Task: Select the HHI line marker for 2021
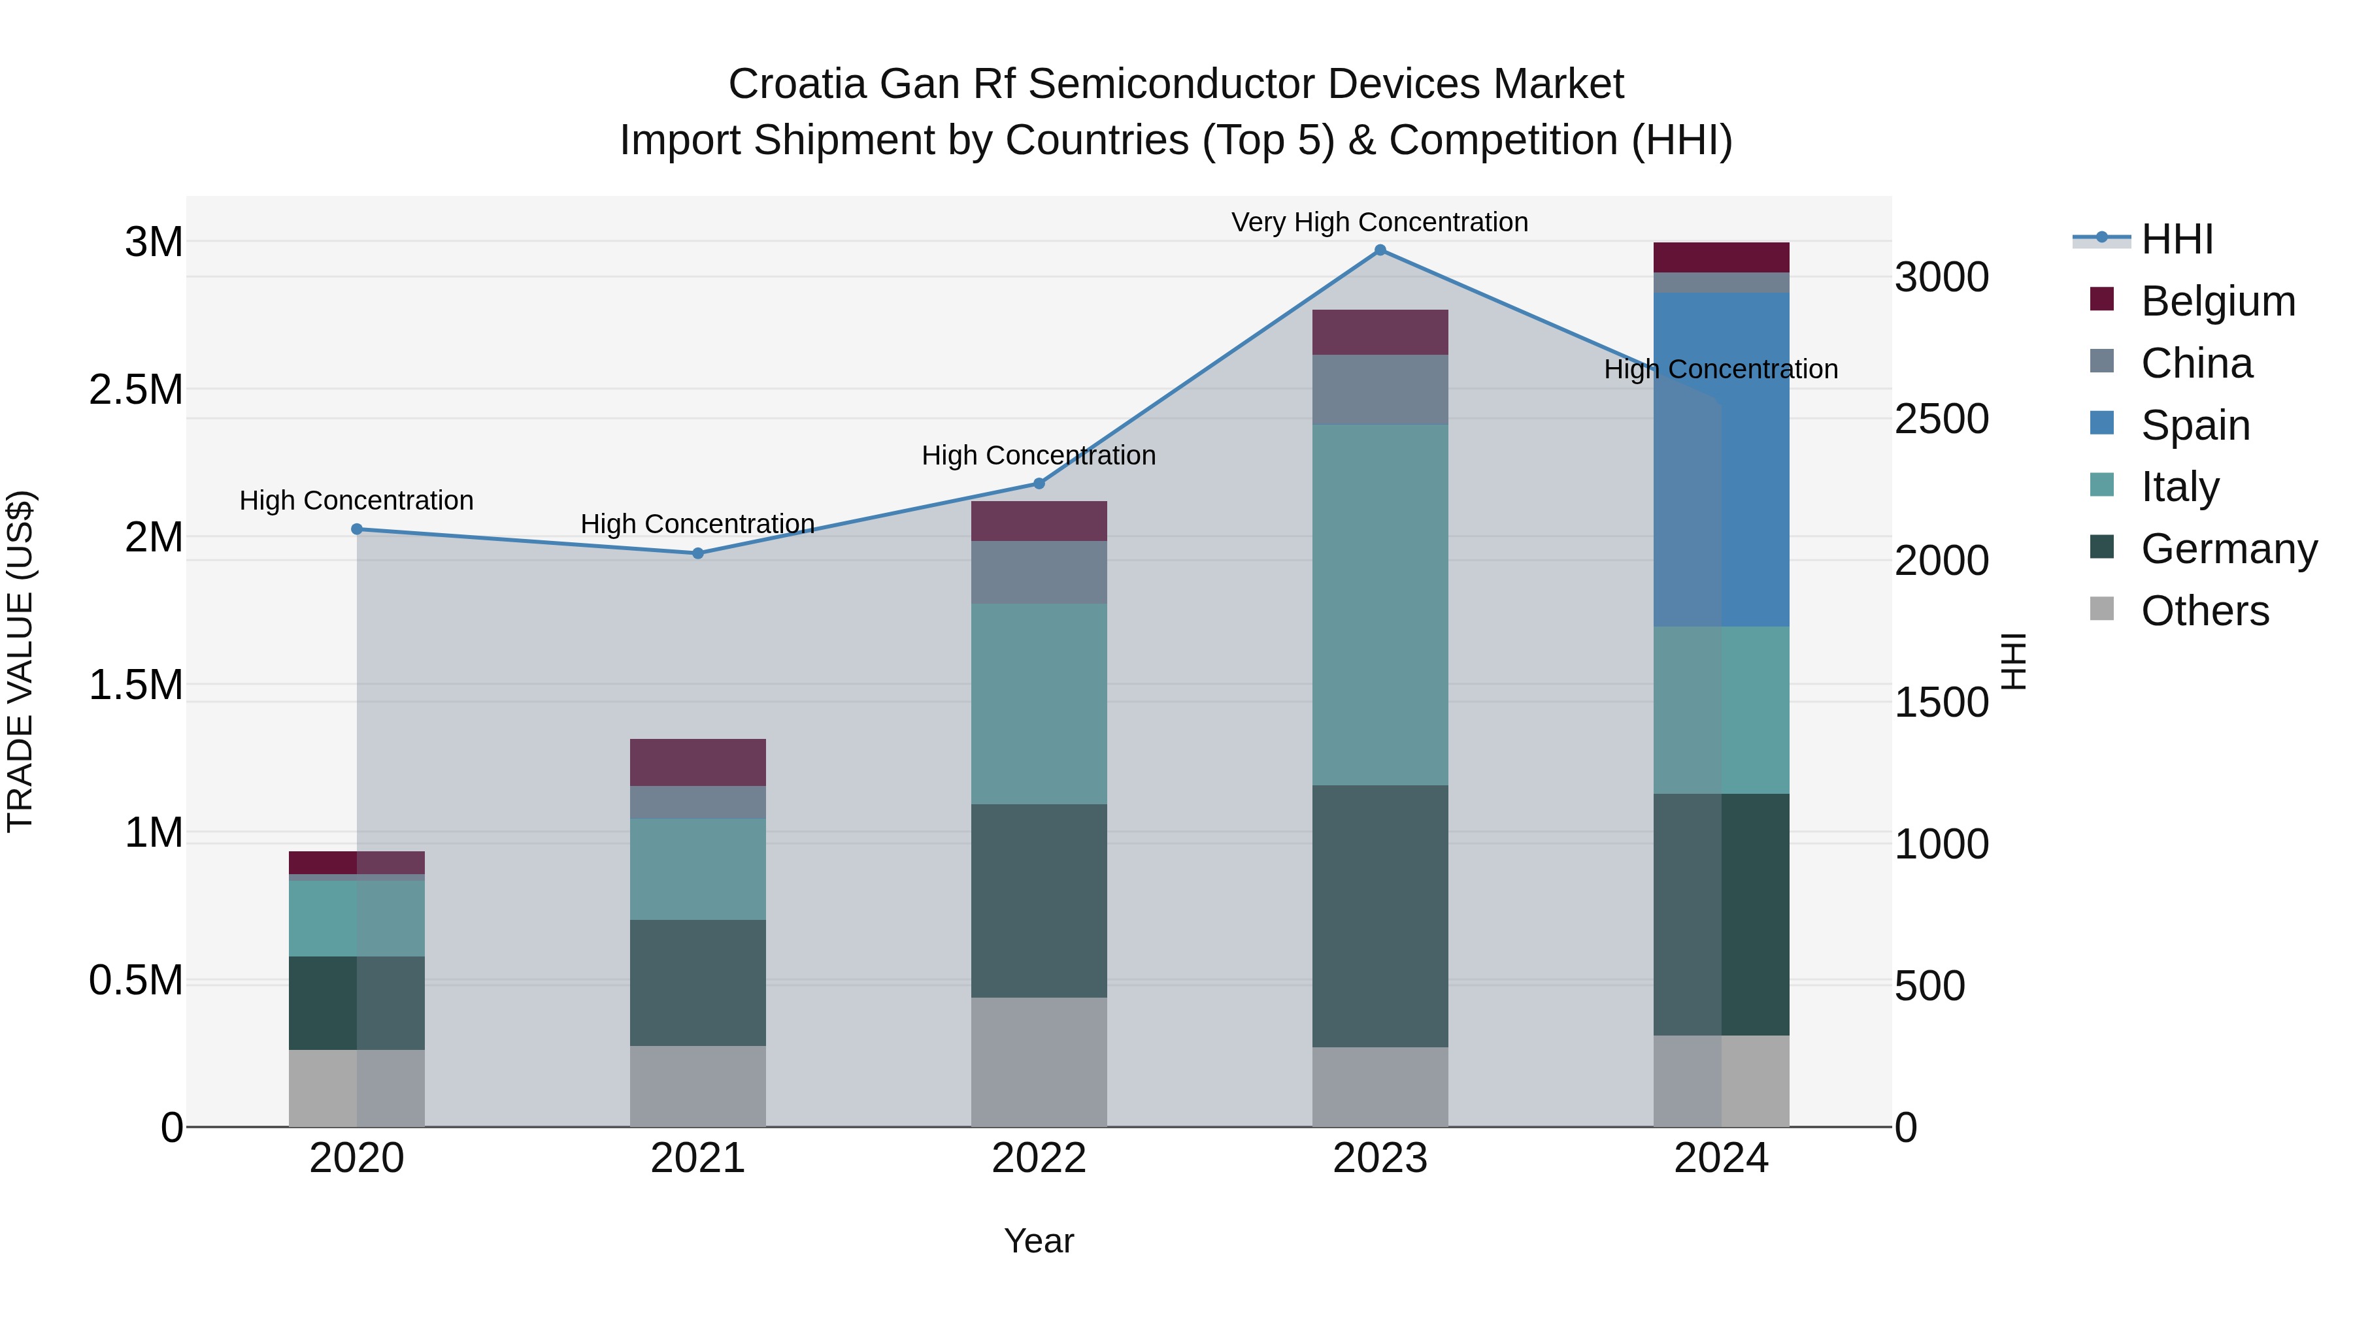[x=698, y=553]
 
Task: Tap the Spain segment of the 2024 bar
[x=1721, y=459]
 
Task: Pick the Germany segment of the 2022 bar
[x=1039, y=900]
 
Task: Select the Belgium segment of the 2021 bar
[x=698, y=762]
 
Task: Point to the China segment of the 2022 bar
[x=1039, y=572]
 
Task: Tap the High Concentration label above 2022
[x=1039, y=455]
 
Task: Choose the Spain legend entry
[x=2194, y=425]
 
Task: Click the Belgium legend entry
[x=2217, y=301]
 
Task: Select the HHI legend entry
[x=2177, y=239]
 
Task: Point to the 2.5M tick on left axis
[x=135, y=390]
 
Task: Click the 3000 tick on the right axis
[x=1941, y=278]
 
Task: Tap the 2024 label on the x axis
[x=1721, y=1158]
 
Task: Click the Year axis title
[x=1039, y=1241]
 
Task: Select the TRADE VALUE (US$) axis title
[x=20, y=661]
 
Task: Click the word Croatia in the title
[x=797, y=84]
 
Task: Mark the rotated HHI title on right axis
[x=2013, y=661]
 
